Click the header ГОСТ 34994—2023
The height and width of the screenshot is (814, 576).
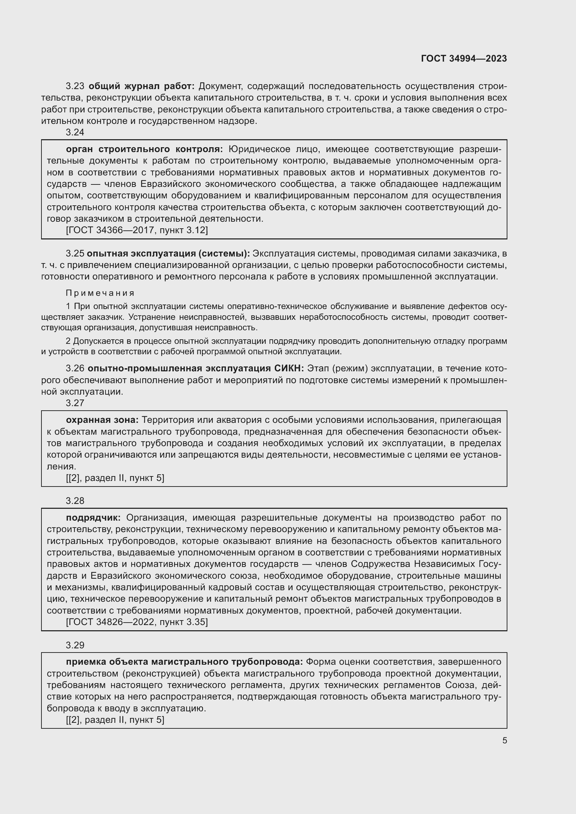464,58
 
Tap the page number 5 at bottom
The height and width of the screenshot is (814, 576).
504,741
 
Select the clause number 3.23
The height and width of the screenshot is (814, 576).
75,86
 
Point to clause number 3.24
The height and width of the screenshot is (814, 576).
75,132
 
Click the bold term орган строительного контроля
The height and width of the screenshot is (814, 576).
145,149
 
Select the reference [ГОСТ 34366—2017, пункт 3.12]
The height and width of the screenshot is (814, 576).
137,230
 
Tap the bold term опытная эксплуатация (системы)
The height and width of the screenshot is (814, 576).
168,253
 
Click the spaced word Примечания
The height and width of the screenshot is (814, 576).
100,293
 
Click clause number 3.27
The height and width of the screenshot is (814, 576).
75,403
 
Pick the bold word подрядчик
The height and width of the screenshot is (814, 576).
93,518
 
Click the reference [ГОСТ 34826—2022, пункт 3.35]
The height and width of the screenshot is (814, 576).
137,622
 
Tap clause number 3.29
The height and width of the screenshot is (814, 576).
75,645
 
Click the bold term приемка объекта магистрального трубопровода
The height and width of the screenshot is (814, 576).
185,662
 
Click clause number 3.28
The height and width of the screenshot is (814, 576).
75,501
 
